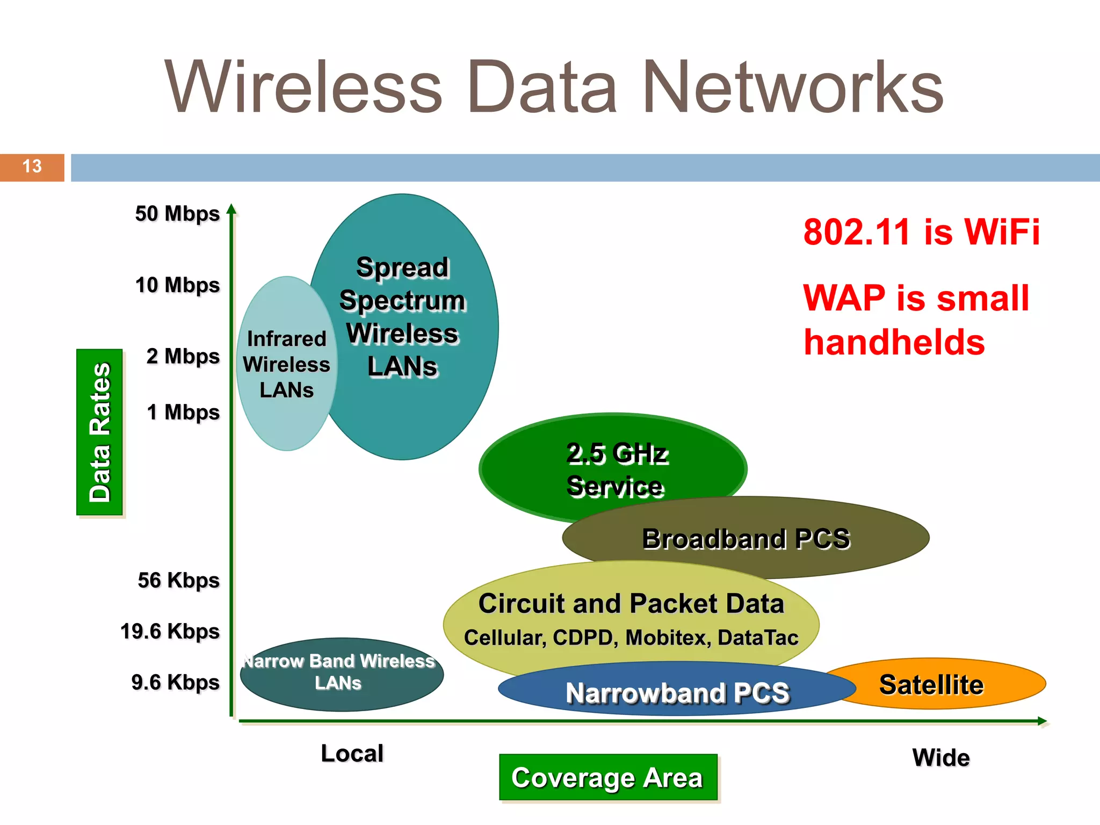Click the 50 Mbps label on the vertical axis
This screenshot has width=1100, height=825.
click(177, 214)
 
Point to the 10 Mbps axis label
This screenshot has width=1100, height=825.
click(177, 285)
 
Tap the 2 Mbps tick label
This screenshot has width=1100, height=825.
click(183, 357)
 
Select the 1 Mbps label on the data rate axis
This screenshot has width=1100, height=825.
click(183, 412)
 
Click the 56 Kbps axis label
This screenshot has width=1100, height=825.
click(178, 581)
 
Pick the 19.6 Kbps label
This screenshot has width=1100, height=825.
click(170, 632)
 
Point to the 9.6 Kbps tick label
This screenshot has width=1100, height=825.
click(175, 683)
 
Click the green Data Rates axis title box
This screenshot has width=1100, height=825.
click(100, 432)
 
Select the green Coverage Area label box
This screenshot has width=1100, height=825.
click(608, 778)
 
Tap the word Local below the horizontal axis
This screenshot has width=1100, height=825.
click(352, 754)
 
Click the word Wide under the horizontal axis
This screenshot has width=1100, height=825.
click(941, 758)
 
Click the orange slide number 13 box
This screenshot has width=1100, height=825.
click(32, 167)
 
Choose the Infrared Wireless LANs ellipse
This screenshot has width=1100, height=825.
click(286, 364)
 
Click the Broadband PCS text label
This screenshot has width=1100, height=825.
click(746, 539)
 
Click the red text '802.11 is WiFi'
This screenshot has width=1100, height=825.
click(921, 232)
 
